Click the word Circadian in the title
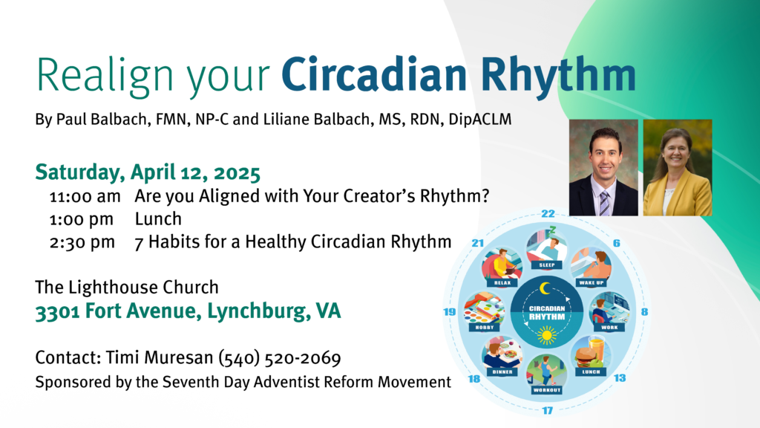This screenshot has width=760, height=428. coord(374,74)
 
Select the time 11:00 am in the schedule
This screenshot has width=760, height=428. coord(85,196)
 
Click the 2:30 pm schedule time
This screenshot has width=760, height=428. coord(82,242)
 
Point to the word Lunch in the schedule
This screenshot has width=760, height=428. coord(158,219)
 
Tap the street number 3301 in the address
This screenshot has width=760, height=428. coord(58,312)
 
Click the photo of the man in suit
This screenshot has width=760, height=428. coord(603,167)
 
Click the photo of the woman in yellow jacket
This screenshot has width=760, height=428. coord(678,167)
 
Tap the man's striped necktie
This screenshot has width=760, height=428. coord(604,204)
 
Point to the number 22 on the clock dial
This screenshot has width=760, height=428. coord(548,213)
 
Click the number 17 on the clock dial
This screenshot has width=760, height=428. coord(547,410)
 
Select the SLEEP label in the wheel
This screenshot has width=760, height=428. coord(547,265)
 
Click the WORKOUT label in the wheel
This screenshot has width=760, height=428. coord(547,390)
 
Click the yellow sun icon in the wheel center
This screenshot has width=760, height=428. coord(547,335)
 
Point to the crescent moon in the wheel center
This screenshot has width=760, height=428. coord(546,289)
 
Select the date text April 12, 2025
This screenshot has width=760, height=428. coord(195,173)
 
